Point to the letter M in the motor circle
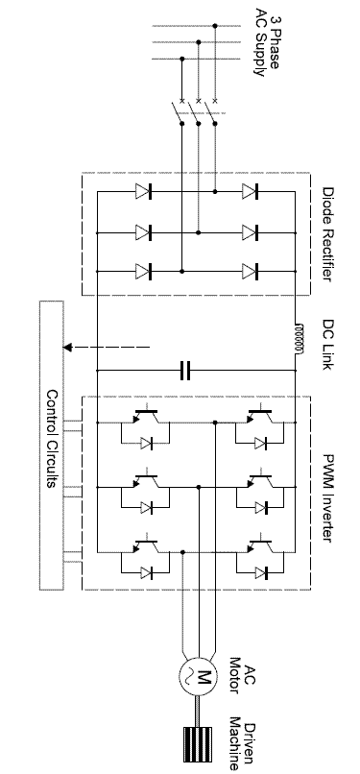coord(204,676)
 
